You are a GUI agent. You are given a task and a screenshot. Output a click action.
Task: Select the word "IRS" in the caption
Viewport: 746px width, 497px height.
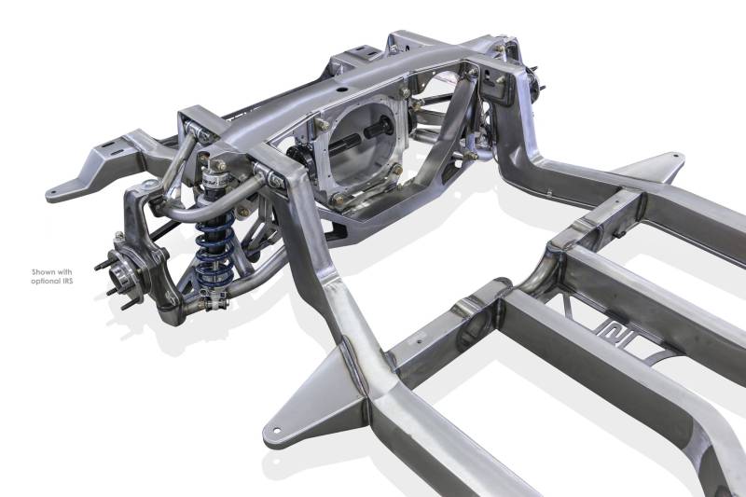pyautogui.click(x=66, y=281)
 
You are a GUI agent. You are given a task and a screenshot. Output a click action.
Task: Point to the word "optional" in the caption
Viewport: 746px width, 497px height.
pyautogui.click(x=45, y=282)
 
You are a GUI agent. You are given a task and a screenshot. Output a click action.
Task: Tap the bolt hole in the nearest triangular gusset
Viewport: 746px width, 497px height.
pyautogui.click(x=276, y=430)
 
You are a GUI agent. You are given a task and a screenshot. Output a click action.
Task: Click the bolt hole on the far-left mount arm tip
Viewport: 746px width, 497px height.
pyautogui.click(x=53, y=193)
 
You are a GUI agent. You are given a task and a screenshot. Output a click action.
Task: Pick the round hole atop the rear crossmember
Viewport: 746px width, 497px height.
pyautogui.click(x=340, y=90)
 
